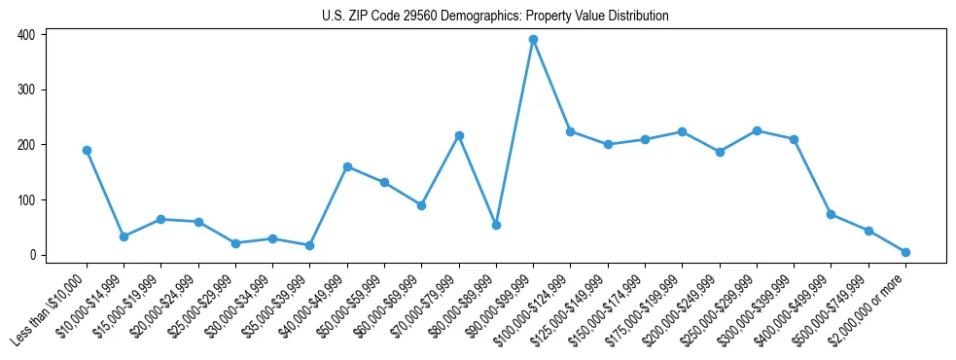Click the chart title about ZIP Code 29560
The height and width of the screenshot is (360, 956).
click(495, 16)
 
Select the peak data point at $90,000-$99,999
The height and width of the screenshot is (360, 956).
click(533, 40)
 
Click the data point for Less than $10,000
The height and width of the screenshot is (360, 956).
click(87, 150)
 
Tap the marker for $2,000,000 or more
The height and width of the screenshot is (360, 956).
click(905, 252)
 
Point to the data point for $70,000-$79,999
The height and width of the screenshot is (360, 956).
click(459, 135)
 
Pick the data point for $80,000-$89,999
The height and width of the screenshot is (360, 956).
click(496, 225)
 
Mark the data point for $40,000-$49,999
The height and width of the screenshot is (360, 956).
click(347, 166)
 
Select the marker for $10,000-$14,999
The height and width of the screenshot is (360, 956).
click(124, 236)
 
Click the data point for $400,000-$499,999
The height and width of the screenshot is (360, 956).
click(831, 214)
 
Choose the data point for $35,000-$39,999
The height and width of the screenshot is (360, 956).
click(310, 245)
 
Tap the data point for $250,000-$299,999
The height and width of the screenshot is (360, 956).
click(757, 130)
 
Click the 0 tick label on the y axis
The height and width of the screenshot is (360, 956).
click(32, 256)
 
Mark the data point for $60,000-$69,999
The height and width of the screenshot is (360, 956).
click(421, 205)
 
